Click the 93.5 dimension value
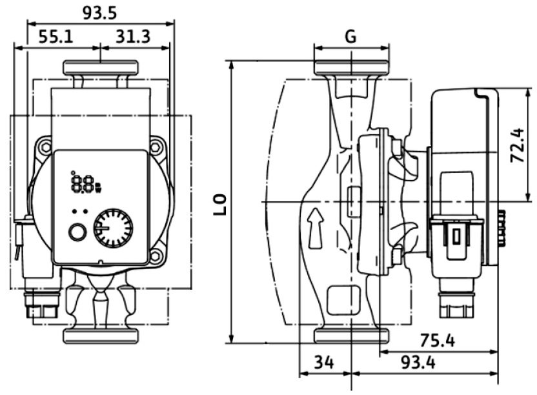[x=99, y=13]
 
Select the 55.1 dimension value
[x=56, y=36]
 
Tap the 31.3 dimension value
[x=133, y=36]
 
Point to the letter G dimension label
[x=350, y=36]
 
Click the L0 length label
[x=220, y=205]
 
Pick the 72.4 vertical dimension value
[x=517, y=145]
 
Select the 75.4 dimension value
[x=438, y=340]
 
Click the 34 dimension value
[x=324, y=362]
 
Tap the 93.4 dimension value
[x=418, y=362]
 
